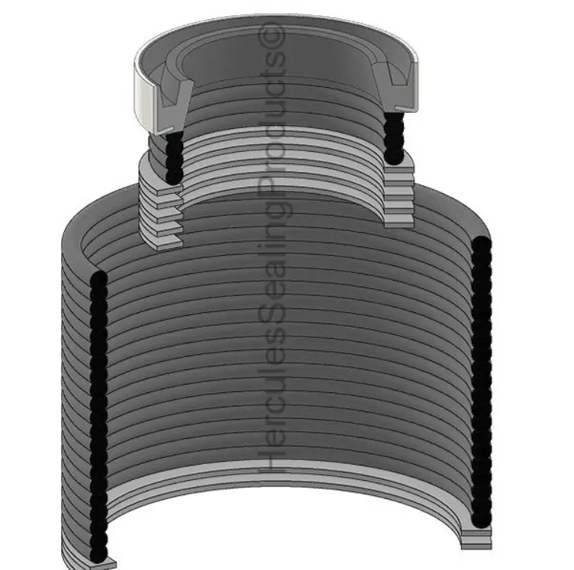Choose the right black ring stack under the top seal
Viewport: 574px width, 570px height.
pos(395,138)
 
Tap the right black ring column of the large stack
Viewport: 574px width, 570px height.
pos(481,382)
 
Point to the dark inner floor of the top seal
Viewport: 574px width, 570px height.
pos(282,65)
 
